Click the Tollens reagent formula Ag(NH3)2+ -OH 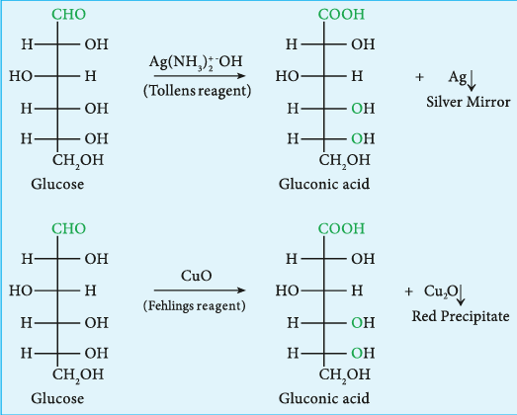196,62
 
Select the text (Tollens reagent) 197,91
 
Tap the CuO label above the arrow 196,276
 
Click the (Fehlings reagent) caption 195,306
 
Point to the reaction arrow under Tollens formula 200,76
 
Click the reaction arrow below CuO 200,290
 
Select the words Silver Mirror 469,102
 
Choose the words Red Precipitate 461,316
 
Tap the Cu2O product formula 441,291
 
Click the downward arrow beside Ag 472,80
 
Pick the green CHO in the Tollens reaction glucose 68,15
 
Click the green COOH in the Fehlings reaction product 342,229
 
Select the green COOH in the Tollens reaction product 342,15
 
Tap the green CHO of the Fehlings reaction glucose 68,229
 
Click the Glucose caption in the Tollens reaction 57,184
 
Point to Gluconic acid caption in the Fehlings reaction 324,398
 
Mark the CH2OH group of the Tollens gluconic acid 345,161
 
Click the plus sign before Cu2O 408,291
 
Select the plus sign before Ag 419,77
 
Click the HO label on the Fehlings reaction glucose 21,290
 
